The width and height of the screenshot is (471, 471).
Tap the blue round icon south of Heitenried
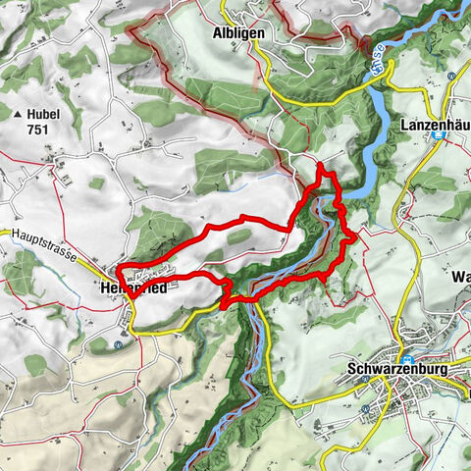coord(120,344)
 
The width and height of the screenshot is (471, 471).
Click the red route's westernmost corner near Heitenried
coord(117,267)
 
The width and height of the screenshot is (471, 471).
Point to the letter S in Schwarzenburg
coord(353,371)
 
